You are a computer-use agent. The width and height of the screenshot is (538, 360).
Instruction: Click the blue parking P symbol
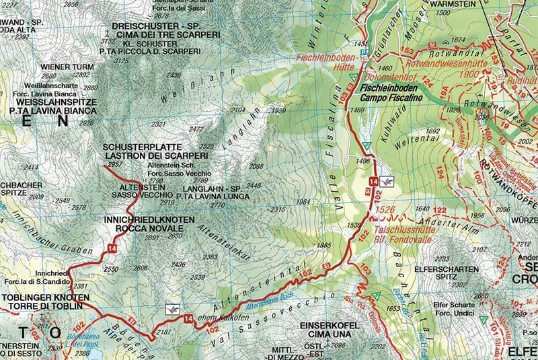(364, 52)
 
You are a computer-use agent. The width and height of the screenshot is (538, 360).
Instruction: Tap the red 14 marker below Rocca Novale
(110, 250)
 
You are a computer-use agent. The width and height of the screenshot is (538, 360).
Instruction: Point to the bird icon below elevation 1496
(387, 182)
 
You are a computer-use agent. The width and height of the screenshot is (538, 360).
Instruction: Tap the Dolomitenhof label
(389, 77)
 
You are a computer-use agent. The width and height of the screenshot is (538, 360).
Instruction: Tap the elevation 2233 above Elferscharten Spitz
(443, 258)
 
